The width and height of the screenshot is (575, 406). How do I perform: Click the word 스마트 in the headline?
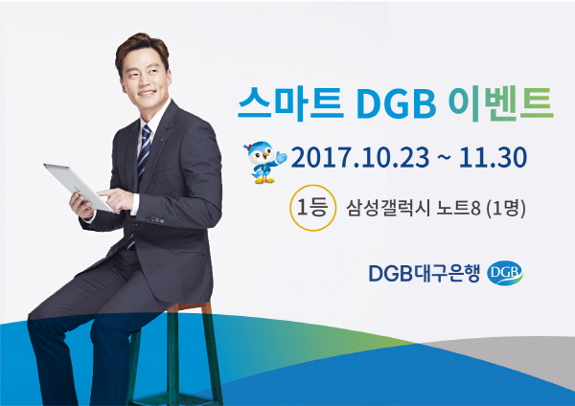pos(290,103)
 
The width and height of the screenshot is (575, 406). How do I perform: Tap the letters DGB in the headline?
pos(396,104)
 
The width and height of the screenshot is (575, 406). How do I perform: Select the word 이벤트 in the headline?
pos(501,103)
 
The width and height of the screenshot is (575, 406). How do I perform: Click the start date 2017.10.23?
pos(359,158)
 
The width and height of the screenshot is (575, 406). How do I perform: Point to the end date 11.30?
pos(493,158)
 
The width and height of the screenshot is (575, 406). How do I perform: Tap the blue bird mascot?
pos(265,162)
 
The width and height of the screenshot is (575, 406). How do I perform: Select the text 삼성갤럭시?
pos(388,209)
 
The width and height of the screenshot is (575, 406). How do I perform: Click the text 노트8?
pos(458,209)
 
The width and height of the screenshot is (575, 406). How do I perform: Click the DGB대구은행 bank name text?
pos(424,273)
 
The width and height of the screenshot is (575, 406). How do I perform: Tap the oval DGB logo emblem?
pos(505,273)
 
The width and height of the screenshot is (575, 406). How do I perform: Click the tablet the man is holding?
pos(78,187)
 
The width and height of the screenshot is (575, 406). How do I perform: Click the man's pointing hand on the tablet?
pos(116,200)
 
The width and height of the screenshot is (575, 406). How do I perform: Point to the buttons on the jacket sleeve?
pos(154,219)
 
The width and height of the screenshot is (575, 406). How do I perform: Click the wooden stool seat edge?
pos(190,307)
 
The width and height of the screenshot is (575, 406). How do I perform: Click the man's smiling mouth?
pos(147,93)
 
